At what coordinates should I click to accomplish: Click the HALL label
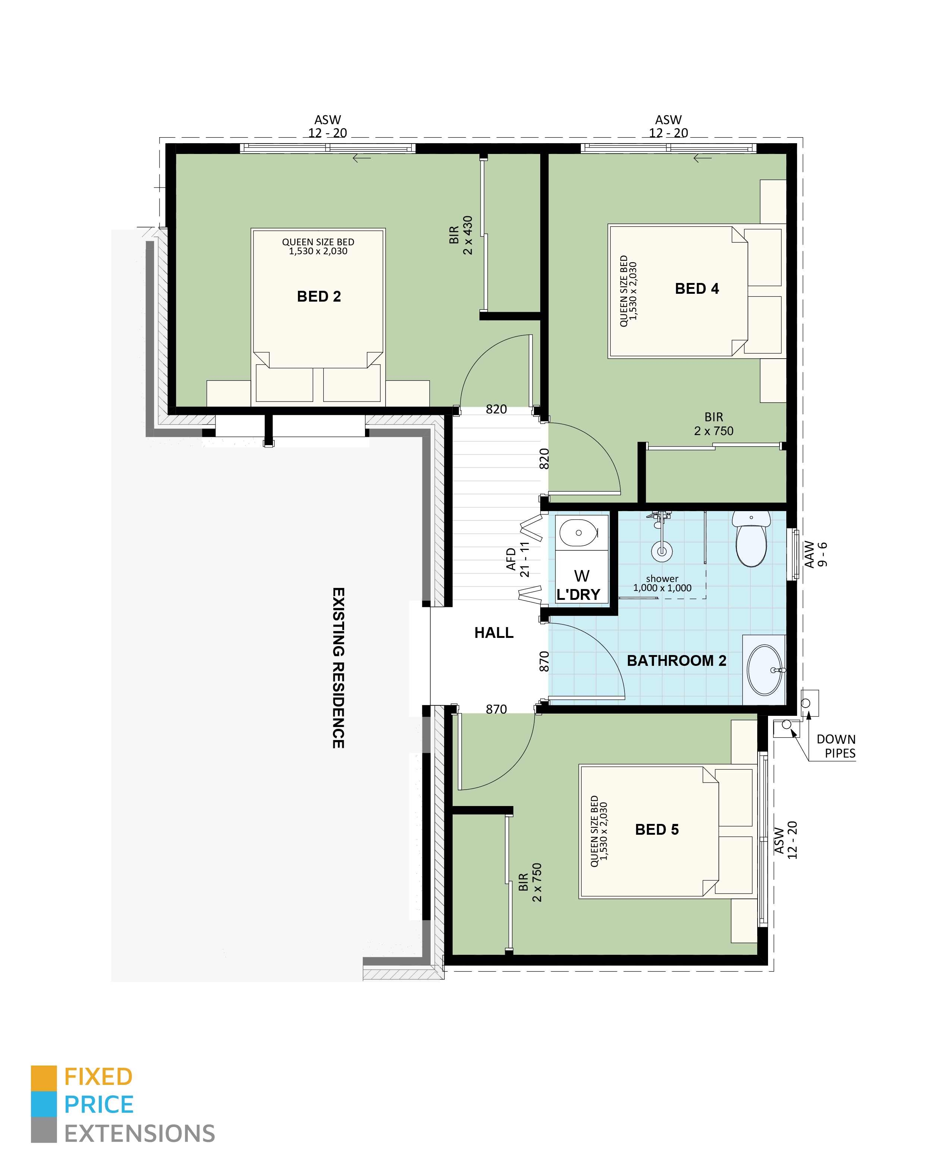[493, 633]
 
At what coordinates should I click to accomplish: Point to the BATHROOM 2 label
[676, 661]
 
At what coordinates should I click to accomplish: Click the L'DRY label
[578, 595]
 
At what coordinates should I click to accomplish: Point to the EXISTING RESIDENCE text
[338, 668]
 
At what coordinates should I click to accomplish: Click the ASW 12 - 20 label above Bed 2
[327, 126]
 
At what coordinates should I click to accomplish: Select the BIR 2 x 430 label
[460, 235]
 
